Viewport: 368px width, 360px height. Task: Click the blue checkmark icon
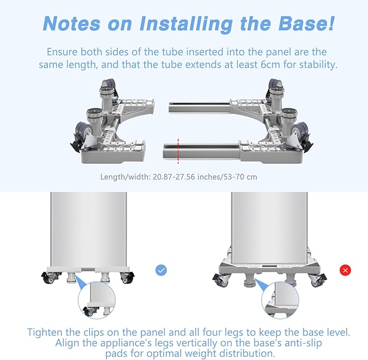(x=161, y=270)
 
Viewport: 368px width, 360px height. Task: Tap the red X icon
(x=345, y=271)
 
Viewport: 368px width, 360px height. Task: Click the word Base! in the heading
(x=306, y=23)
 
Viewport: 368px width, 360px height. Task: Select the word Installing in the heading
(x=186, y=24)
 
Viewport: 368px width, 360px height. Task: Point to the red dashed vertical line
(x=178, y=151)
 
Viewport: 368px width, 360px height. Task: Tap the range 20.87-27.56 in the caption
(x=174, y=177)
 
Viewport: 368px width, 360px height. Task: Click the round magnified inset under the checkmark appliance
(x=96, y=300)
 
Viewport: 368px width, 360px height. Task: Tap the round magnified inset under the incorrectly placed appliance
(x=280, y=300)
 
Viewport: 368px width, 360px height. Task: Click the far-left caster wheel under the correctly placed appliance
(x=48, y=278)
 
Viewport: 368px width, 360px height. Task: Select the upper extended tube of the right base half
(x=199, y=107)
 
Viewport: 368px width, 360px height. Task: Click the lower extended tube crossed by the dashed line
(x=202, y=151)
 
